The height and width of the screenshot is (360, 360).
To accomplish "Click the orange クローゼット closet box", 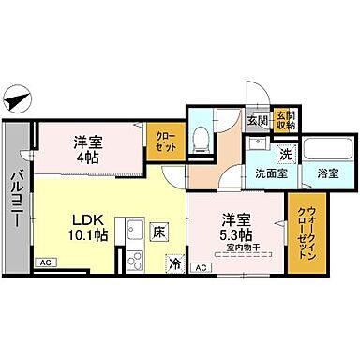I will (x=167, y=142).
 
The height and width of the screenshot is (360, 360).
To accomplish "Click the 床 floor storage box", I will (x=160, y=228).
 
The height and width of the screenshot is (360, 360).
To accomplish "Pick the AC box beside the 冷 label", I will (x=199, y=268).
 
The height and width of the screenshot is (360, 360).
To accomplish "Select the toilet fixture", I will (x=199, y=139).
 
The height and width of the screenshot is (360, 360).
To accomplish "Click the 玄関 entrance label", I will (x=257, y=120).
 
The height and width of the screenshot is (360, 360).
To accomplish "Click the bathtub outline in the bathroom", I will (x=324, y=150).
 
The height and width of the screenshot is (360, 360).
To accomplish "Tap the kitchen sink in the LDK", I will (x=135, y=227).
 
